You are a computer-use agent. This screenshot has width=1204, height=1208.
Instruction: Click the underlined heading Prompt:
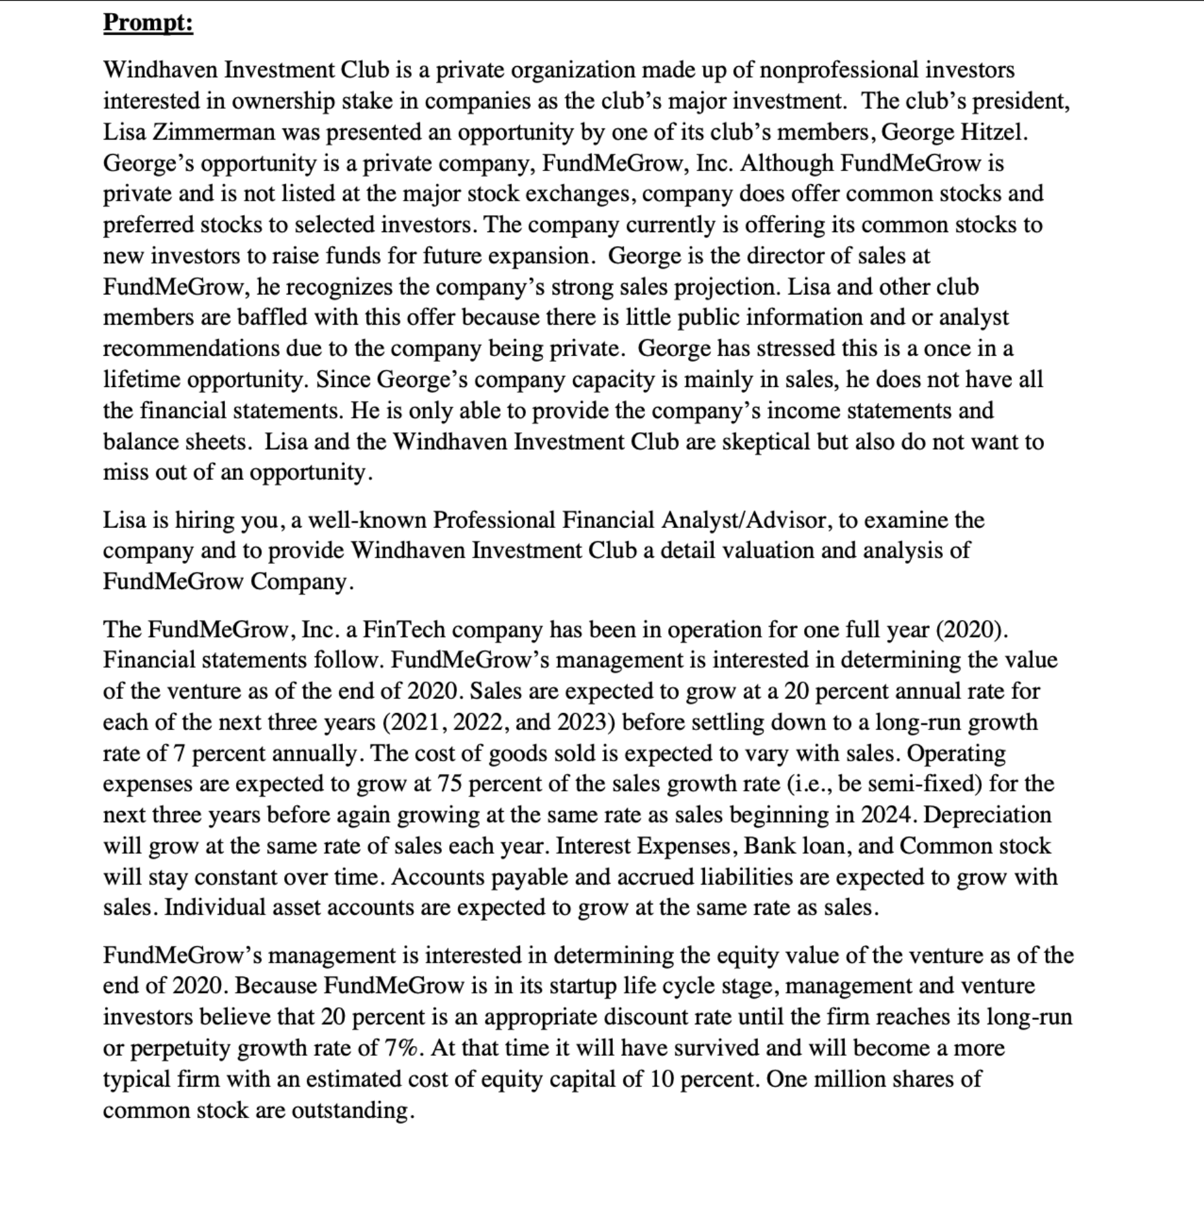pos(148,23)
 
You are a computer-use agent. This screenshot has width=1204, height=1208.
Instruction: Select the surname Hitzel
pos(993,132)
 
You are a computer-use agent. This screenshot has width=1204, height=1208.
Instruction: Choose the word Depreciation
pos(987,815)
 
